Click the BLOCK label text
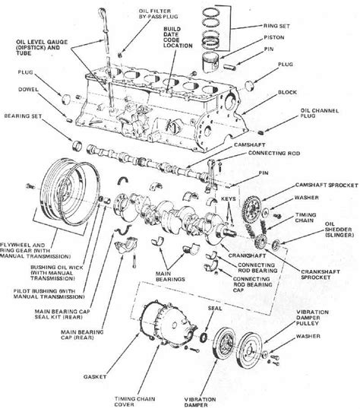(287, 92)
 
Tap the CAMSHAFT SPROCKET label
(327, 185)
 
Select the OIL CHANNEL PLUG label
(320, 113)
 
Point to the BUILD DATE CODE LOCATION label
(178, 37)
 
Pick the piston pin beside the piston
(229, 66)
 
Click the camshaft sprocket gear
(251, 208)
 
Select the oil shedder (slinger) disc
(276, 245)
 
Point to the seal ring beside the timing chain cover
(204, 338)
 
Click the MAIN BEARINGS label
(170, 277)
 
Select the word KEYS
(229, 198)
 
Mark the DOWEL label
(28, 90)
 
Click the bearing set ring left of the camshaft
(77, 145)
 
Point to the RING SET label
(276, 26)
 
